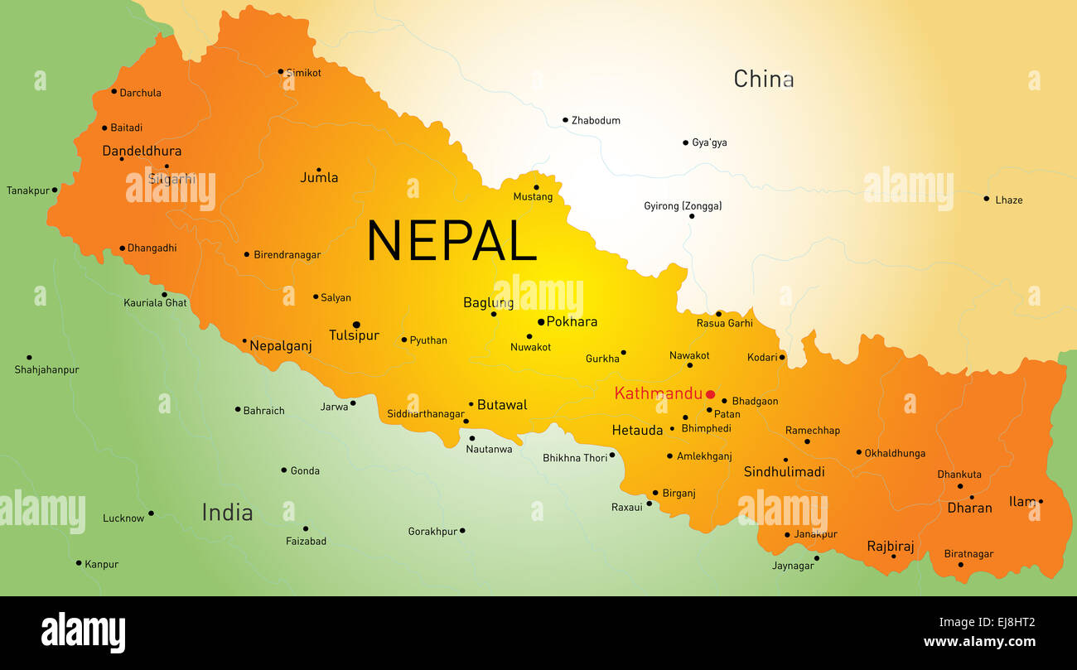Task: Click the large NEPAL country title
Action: [452, 241]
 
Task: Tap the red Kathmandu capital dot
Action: [710, 394]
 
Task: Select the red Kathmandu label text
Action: [658, 393]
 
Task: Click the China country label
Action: [763, 80]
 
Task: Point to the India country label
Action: [227, 512]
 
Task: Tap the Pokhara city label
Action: [572, 321]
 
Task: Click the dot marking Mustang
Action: [536, 187]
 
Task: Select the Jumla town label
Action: [319, 177]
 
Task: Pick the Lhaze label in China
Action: [1008, 200]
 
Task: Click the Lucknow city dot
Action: [151, 513]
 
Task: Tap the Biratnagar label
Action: [968, 554]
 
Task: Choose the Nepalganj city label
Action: [281, 346]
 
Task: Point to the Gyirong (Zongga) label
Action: [683, 205]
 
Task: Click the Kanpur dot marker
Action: [79, 563]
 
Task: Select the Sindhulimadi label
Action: [784, 471]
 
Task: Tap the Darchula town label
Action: [140, 93]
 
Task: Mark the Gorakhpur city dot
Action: [462, 531]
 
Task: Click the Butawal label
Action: [502, 405]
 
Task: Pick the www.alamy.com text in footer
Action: [979, 641]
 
